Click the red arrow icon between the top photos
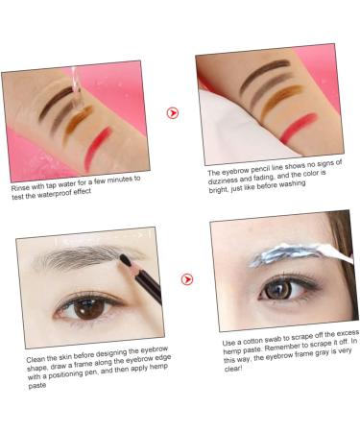tap(173, 112)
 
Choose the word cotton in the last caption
tap(271, 343)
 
